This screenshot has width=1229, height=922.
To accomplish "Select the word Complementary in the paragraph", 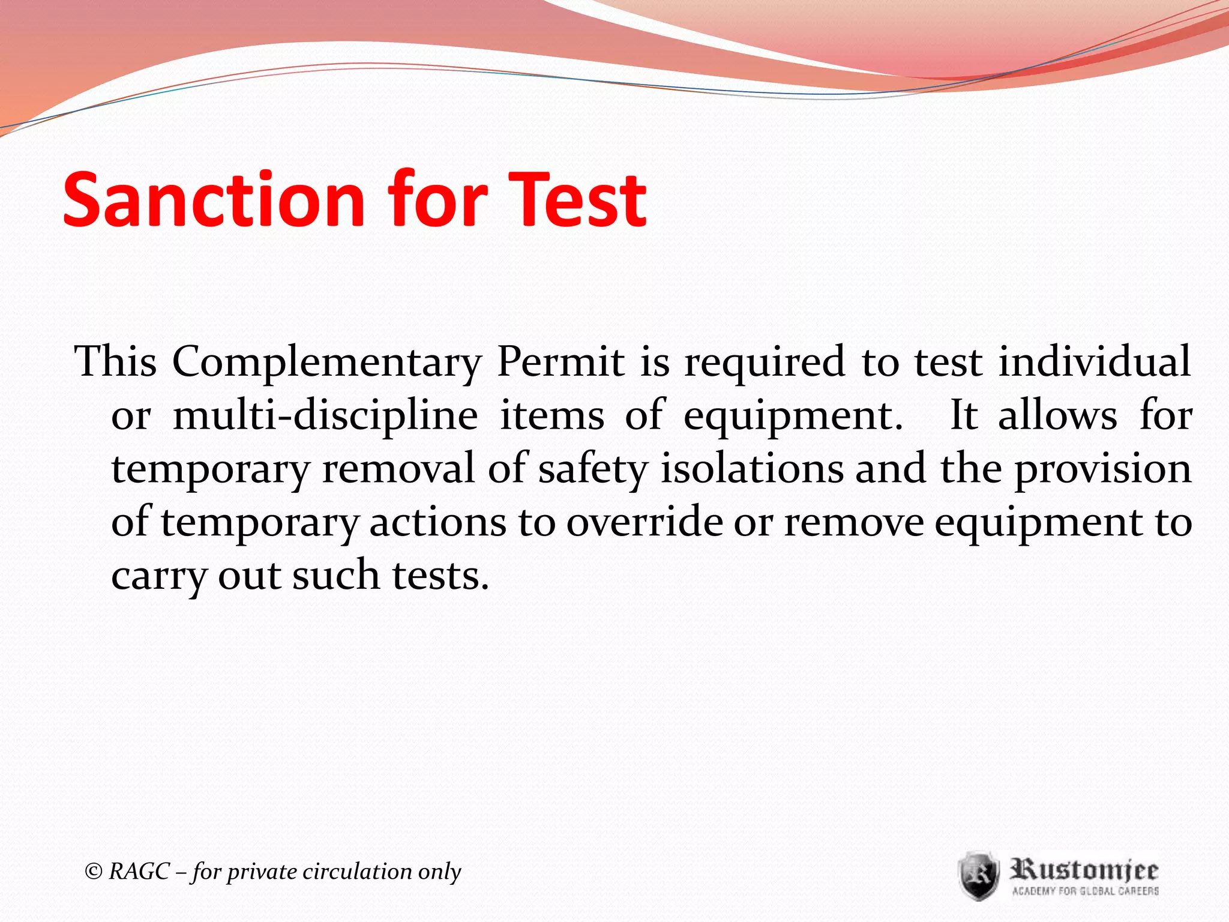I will (327, 363).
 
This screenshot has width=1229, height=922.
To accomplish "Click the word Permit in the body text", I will (561, 361).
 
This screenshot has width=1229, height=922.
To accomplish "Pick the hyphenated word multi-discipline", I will (325, 416).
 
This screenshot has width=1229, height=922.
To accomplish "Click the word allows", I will (1057, 415).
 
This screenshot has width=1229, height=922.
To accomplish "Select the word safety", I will (593, 469).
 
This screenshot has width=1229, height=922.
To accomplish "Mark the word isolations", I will (752, 468).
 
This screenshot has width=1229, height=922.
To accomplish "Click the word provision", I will (1103, 469).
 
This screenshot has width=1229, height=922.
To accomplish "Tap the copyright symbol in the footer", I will (94, 871).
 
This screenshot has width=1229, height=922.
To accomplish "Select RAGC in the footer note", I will (139, 871).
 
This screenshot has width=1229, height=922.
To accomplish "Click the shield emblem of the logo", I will (978, 875).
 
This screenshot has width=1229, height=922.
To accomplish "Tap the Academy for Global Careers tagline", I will (1085, 891).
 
